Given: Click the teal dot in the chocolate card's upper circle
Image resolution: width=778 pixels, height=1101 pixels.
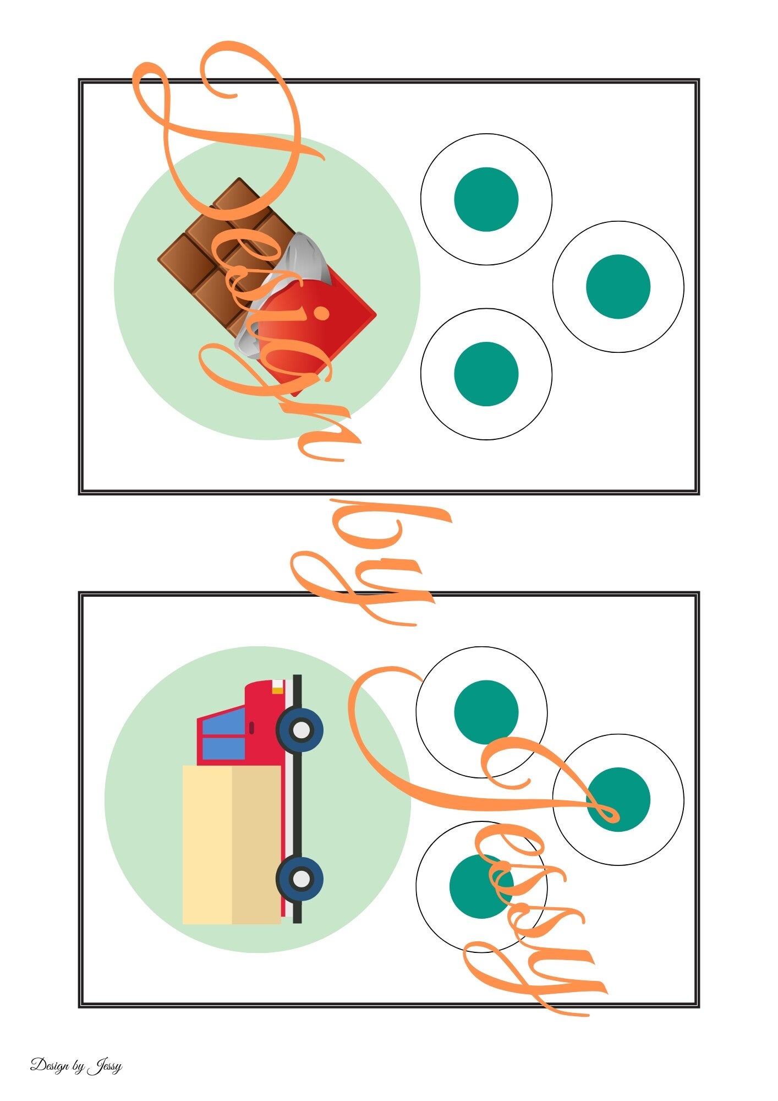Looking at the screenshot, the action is [486, 199].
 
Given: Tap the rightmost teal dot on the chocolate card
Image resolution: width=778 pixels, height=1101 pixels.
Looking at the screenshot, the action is [618, 287].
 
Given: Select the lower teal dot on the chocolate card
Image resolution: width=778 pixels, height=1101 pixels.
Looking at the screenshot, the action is [486, 374].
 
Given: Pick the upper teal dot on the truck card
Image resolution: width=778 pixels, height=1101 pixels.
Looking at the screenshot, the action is [486, 712].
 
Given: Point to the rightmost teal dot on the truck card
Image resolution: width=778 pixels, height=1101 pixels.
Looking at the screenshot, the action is [618, 799].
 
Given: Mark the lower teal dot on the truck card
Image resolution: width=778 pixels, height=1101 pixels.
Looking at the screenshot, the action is [481, 886].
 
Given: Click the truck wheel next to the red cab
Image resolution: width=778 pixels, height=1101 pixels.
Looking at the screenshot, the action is [300, 730].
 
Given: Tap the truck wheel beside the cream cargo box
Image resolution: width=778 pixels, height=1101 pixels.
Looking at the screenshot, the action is [300, 879].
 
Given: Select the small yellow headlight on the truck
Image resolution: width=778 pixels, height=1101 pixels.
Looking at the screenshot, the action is [278, 690].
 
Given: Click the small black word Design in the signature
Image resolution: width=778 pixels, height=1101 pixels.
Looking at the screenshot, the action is [50, 1066].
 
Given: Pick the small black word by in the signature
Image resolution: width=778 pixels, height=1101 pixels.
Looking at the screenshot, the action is [79, 1067].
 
